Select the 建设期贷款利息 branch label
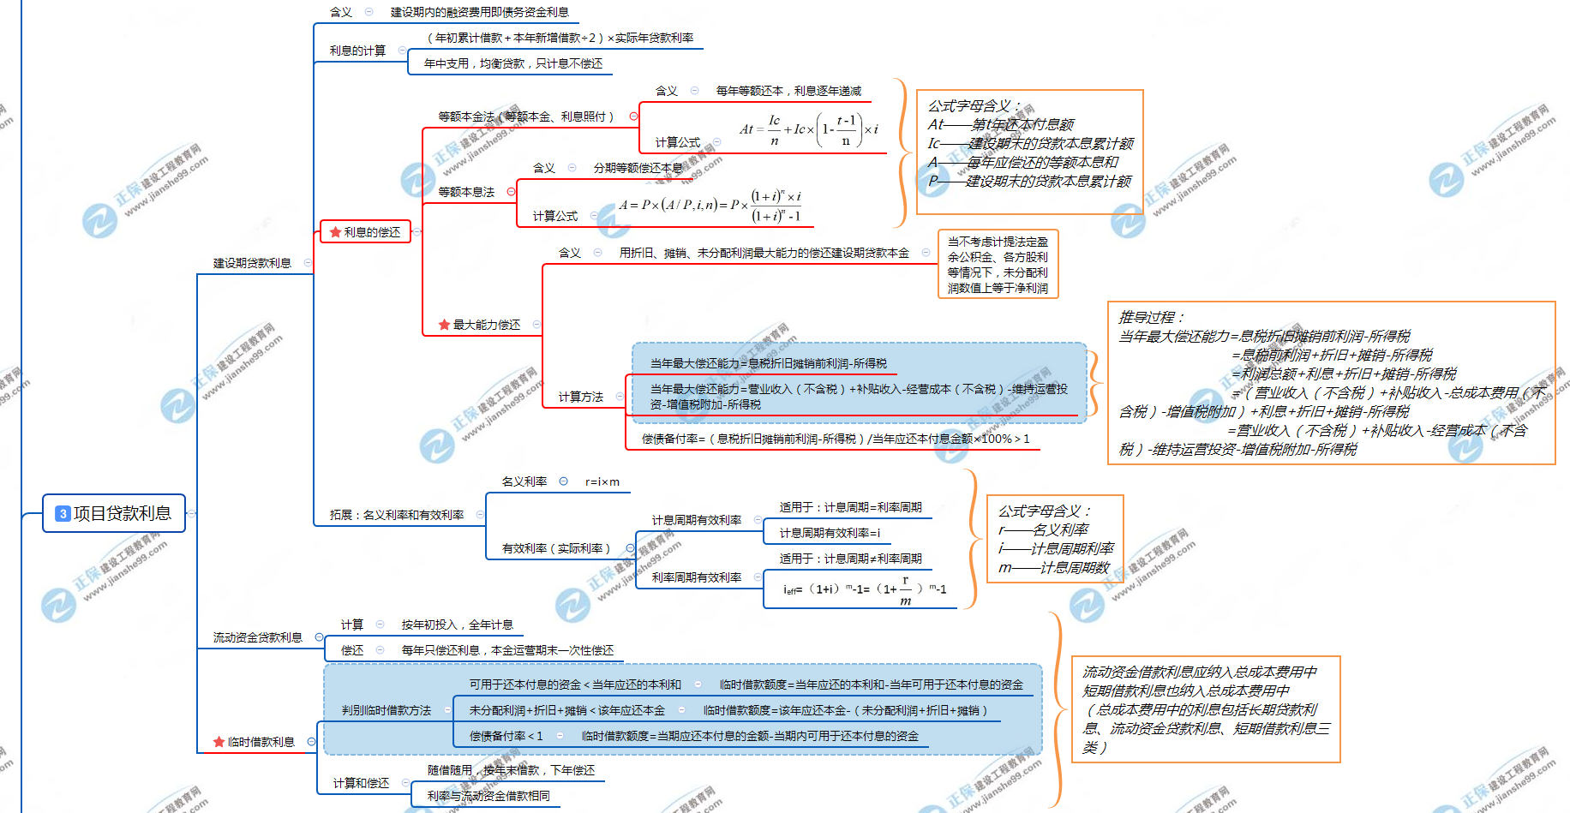[x=252, y=263]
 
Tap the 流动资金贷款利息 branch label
[x=257, y=637]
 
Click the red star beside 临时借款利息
[x=219, y=742]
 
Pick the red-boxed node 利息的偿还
[x=366, y=232]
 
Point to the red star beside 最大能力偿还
[x=444, y=325]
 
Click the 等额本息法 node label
[x=466, y=192]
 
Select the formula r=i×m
[x=602, y=481]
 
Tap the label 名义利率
[x=524, y=481]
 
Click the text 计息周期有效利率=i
[x=829, y=533]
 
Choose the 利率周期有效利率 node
[x=696, y=577]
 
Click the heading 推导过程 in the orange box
[x=1150, y=317]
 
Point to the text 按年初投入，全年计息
[x=457, y=625]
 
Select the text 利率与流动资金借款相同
[x=488, y=796]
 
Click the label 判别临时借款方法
[x=386, y=710]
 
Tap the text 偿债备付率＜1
[x=506, y=736]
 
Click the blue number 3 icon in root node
[x=63, y=513]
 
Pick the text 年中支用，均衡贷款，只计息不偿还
[x=512, y=63]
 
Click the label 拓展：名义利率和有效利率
[x=396, y=515]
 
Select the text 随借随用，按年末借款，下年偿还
[x=511, y=770]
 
